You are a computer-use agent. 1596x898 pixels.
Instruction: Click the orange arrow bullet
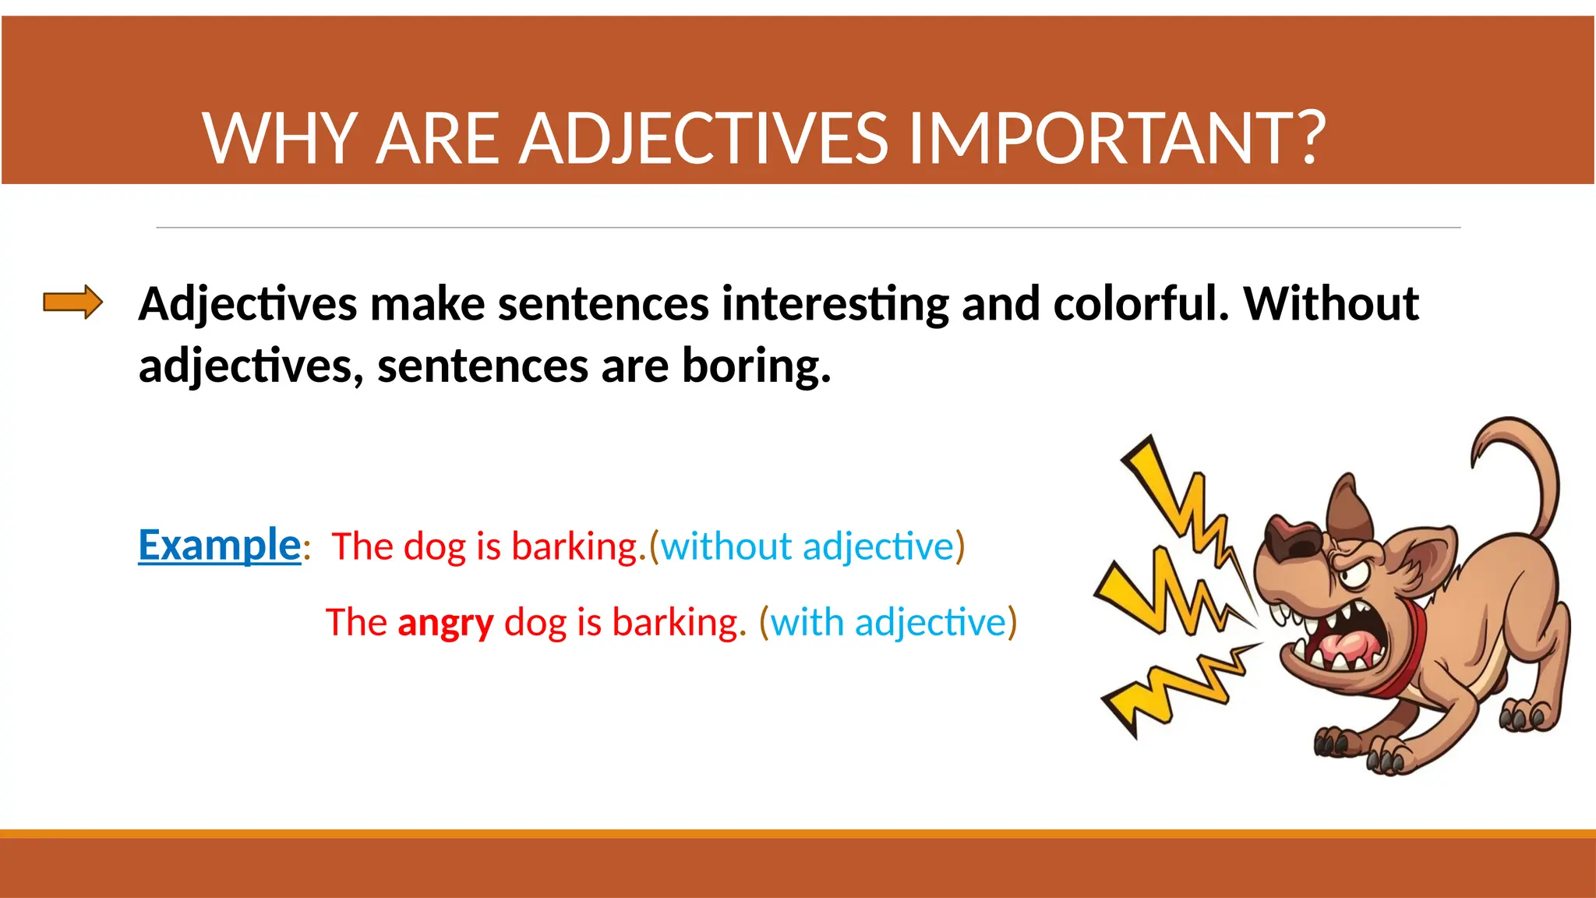tap(72, 302)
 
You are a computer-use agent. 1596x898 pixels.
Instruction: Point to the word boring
tap(756, 366)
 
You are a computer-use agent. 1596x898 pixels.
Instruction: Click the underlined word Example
tap(219, 545)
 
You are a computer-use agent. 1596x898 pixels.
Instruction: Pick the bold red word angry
tap(446, 623)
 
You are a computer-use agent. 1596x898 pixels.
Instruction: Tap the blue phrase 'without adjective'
tap(807, 546)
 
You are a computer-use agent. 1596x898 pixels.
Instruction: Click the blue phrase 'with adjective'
tap(888, 623)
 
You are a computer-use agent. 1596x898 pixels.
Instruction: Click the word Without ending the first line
tap(1330, 304)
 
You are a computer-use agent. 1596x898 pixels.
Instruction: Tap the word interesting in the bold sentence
tap(835, 304)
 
